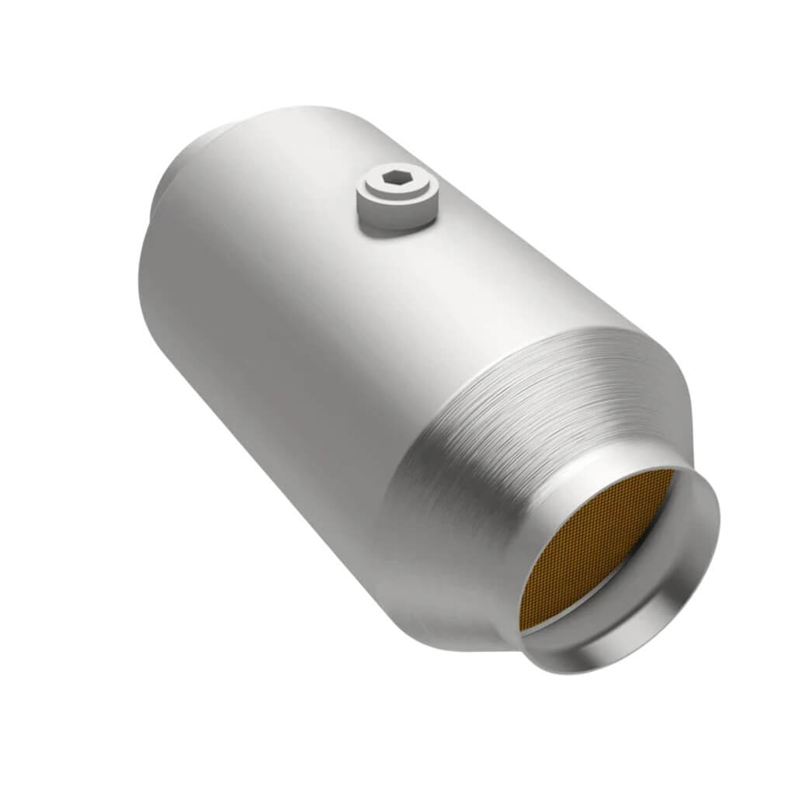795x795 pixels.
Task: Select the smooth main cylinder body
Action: click(x=295, y=311)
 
